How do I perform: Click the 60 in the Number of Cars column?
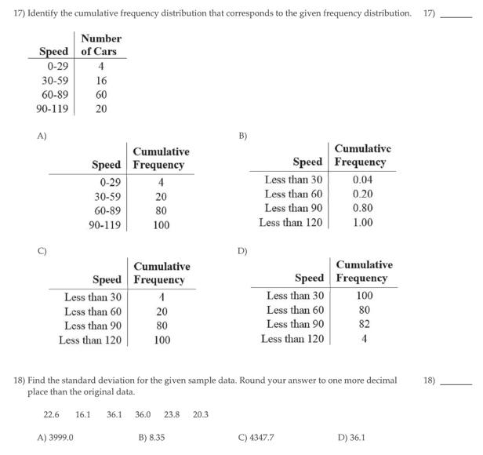[x=101, y=94]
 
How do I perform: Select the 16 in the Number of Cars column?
[x=101, y=80]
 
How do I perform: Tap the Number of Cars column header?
[x=101, y=45]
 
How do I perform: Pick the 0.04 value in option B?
[x=362, y=180]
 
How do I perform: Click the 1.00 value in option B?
[x=362, y=222]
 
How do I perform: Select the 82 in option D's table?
[x=365, y=324]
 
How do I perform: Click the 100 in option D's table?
[x=365, y=296]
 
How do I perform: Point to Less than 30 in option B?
[x=293, y=180]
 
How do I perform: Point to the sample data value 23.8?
[x=172, y=414]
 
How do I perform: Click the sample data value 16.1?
[x=83, y=414]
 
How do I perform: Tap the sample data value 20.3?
[x=201, y=414]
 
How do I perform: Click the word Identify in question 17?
[x=45, y=13]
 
